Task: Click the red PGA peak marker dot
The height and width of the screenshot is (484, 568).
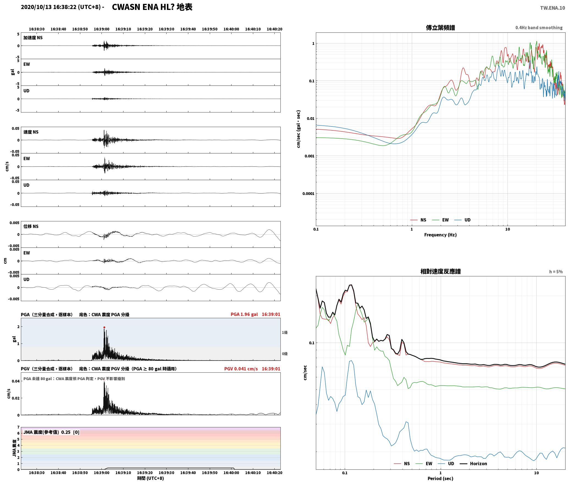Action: [104, 327]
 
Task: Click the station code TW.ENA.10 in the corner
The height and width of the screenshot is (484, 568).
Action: [553, 8]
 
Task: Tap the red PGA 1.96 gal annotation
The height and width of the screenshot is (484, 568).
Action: [244, 314]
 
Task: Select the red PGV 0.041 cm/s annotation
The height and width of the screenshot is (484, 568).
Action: [241, 369]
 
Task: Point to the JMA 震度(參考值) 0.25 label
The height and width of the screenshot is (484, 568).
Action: [47, 432]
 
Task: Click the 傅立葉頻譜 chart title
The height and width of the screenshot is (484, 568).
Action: [440, 28]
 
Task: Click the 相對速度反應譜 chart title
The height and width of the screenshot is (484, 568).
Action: [440, 271]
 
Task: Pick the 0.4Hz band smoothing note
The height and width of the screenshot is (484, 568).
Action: [539, 28]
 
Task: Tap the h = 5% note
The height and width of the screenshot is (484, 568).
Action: [556, 272]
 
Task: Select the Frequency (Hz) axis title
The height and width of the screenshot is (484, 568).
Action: [440, 235]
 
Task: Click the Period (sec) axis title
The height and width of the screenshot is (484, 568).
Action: [440, 479]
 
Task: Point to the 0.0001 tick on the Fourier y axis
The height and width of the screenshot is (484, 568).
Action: [308, 194]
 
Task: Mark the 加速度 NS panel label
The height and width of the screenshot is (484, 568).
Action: [33, 38]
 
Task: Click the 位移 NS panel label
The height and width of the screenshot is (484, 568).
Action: [31, 226]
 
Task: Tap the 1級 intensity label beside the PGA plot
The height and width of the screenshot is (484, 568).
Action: [285, 332]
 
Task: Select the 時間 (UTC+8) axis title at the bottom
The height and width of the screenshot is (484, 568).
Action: [150, 478]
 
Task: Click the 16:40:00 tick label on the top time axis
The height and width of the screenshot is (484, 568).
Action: [231, 29]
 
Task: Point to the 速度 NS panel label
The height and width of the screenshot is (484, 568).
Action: [31, 132]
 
